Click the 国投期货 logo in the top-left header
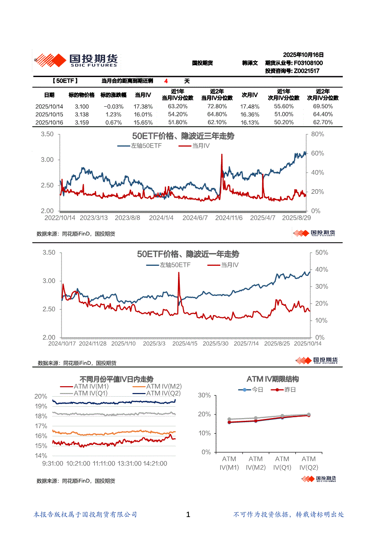pyautogui.click(x=76, y=60)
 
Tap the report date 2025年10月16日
pyautogui.click(x=303, y=54)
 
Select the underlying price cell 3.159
pyautogui.click(x=81, y=123)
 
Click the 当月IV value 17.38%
pyautogui.click(x=143, y=106)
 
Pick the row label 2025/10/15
pyautogui.click(x=49, y=114)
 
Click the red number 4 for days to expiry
pyautogui.click(x=167, y=81)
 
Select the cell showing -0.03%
pyautogui.click(x=113, y=106)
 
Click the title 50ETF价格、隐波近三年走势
pyautogui.click(x=183, y=136)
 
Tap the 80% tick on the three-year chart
pyautogui.click(x=317, y=134)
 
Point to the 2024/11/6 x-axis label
pyautogui.click(x=229, y=218)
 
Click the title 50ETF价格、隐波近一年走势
pyautogui.click(x=188, y=254)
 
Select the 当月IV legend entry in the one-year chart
pyautogui.click(x=230, y=264)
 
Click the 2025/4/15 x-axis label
pyautogui.click(x=185, y=343)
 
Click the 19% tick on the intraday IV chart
pyautogui.click(x=41, y=406)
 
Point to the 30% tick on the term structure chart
pyautogui.click(x=204, y=395)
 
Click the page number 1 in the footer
pyautogui.click(x=188, y=514)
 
